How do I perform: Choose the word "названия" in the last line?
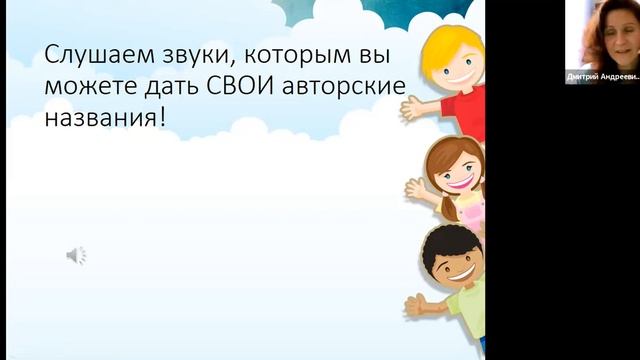99,120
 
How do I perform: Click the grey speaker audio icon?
76,256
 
